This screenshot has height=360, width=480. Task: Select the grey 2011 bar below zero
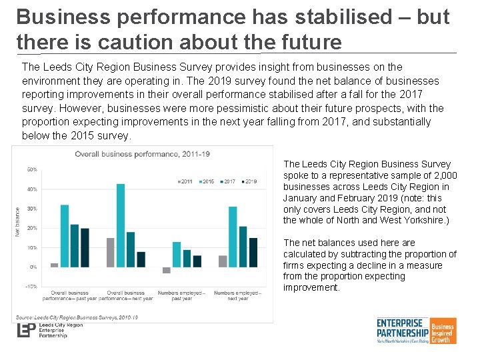pos(167,270)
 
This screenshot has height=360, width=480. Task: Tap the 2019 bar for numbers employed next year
pos(253,252)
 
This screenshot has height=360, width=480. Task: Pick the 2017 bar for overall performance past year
pos(75,245)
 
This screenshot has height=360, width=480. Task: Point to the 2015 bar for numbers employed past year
pos(177,254)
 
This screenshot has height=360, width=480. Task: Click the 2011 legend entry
pos(185,181)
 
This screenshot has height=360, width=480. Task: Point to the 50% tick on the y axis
pos(31,169)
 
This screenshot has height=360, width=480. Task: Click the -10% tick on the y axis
pos(31,286)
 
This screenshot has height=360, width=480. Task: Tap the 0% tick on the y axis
pos(33,267)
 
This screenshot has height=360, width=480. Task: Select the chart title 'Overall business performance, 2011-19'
pos(142,154)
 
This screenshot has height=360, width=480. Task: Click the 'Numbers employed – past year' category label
pos(181,295)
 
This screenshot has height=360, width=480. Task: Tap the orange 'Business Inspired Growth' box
pos(443,331)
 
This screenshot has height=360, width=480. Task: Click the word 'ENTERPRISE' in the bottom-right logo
pos(403,323)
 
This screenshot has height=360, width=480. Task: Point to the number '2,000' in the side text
pos(443,175)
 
